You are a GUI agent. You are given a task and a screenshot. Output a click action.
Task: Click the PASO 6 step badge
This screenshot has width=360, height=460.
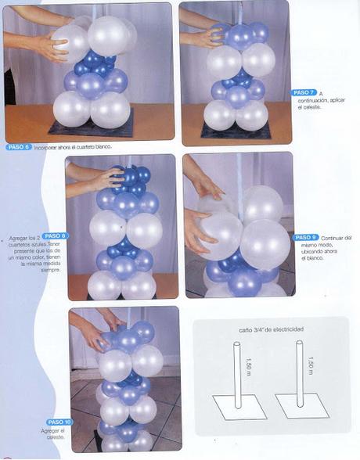coord(19,147)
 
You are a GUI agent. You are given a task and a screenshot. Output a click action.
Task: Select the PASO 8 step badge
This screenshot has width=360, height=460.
coord(55,235)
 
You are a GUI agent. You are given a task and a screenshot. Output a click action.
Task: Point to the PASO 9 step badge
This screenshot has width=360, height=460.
coord(305,237)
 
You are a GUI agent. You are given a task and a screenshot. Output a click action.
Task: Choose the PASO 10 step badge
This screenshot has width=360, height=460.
coord(59,422)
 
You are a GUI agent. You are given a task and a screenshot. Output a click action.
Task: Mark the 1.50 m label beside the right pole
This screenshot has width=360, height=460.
coord(309,365)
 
